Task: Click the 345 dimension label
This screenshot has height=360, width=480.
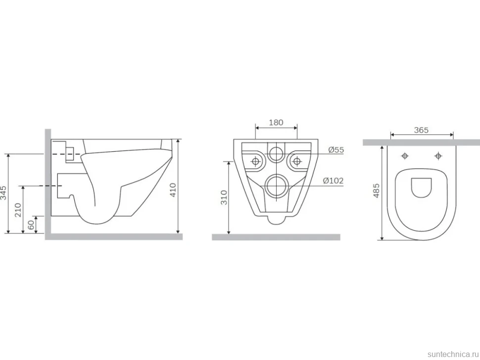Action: (3, 192)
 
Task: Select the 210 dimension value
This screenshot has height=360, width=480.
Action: (18, 210)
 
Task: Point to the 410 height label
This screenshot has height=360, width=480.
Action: (173, 189)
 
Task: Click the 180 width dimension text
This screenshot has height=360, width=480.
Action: (276, 122)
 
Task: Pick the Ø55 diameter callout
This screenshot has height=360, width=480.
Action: (336, 150)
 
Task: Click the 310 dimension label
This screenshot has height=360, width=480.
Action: (224, 197)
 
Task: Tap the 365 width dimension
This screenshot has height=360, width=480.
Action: (421, 130)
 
